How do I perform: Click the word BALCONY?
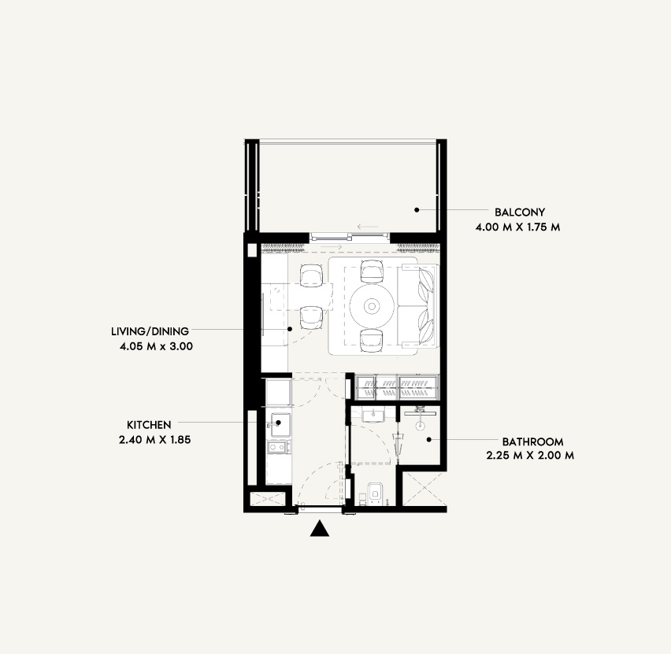pos(520,212)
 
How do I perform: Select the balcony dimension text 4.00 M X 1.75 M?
pos(517,227)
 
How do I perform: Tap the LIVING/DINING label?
pos(150,331)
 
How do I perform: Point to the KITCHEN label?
pos(149,425)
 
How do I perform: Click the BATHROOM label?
pos(532,442)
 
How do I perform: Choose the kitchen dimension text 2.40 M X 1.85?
pos(155,440)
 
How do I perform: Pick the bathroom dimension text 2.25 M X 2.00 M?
pos(530,456)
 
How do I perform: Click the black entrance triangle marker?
pos(319,529)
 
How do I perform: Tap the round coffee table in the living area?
pos(372,306)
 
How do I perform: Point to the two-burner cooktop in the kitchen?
pos(278,447)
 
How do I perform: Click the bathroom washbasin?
pos(373,414)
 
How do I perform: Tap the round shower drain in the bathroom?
pos(421,426)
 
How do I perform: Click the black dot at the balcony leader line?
pos(417,209)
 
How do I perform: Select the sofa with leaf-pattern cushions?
pos(418,305)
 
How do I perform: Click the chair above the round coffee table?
pos(372,272)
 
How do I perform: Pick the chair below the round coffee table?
pos(372,341)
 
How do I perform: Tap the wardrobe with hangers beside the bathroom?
pos(398,387)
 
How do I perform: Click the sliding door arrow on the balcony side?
pos(368,227)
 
